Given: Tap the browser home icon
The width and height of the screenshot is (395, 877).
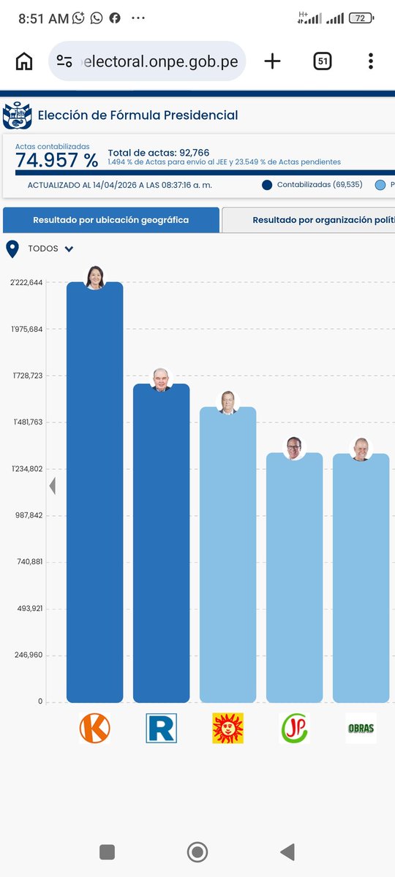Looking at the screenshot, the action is [x=24, y=61].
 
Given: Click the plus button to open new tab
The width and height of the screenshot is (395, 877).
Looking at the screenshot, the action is [x=272, y=61].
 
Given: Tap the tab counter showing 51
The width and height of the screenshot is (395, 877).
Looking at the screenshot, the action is [x=323, y=61].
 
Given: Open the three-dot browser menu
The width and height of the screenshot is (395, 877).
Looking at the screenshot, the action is [x=371, y=61].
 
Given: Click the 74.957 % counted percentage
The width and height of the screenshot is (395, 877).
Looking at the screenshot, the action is [x=57, y=160].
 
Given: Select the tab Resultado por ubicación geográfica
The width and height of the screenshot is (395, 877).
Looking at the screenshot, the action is [x=111, y=220].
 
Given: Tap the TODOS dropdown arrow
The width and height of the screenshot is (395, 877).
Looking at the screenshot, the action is [x=69, y=248].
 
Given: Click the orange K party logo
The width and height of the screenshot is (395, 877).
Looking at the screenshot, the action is [x=95, y=728].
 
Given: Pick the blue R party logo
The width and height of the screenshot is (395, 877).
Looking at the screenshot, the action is [x=162, y=728].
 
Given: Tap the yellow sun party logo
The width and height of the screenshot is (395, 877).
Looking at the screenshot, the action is [x=227, y=728].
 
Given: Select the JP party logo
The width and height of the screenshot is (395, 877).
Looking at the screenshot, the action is [x=294, y=728].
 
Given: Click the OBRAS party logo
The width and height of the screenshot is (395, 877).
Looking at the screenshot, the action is [x=361, y=728].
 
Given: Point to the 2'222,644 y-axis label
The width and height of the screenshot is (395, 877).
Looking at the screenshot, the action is [x=26, y=283].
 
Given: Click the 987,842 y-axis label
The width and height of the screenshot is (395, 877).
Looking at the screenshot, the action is [x=29, y=515].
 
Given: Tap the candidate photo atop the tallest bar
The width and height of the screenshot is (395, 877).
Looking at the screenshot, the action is [x=95, y=278].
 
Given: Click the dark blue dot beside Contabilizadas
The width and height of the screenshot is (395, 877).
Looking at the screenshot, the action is [x=267, y=185].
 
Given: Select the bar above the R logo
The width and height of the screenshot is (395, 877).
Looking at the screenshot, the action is [x=162, y=543].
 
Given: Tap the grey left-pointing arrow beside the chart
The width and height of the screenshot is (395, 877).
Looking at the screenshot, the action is [x=53, y=486].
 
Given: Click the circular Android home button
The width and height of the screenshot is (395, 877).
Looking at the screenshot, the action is [x=197, y=852].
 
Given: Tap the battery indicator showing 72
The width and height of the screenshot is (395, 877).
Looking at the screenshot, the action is [x=361, y=18].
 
